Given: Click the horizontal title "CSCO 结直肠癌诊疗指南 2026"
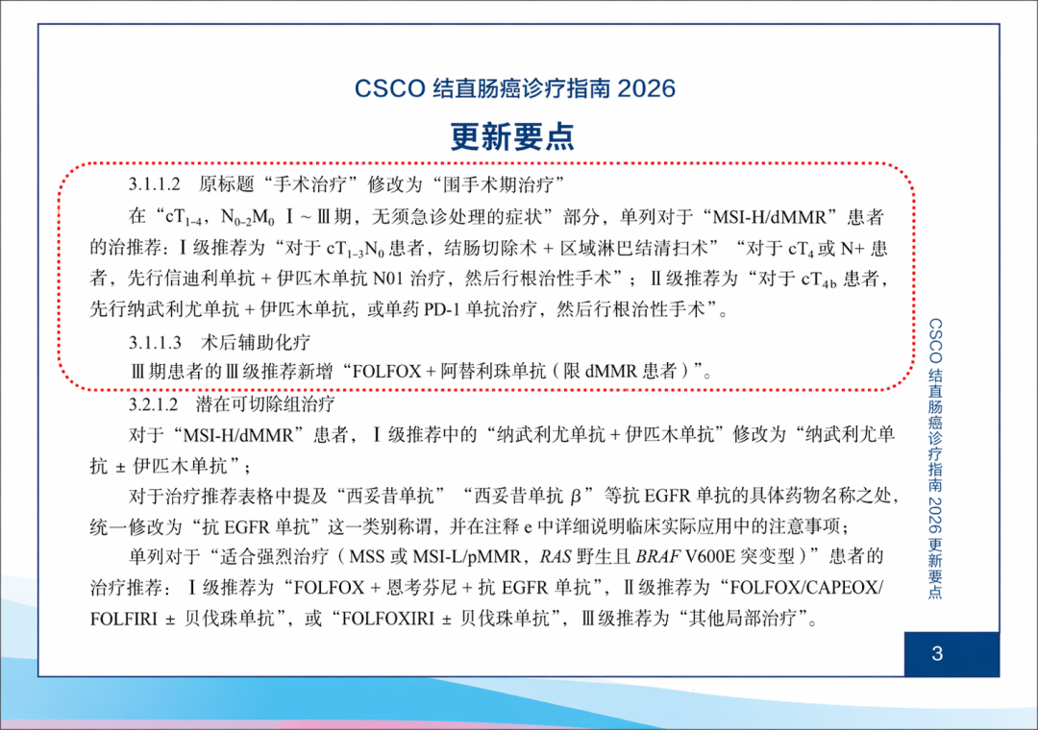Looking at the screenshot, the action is (515, 88).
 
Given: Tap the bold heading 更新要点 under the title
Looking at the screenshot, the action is (512, 137).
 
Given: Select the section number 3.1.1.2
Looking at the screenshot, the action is (154, 184).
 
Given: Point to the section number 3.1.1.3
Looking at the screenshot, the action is (154, 342).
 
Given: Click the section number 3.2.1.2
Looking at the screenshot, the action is (154, 403).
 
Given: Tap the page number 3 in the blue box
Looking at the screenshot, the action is (937, 654).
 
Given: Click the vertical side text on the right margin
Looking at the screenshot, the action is (935, 458).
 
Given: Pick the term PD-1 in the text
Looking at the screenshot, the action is (442, 309).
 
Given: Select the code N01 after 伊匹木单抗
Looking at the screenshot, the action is (387, 278).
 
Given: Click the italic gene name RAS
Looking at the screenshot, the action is (555, 556).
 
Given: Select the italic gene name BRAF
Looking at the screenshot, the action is (658, 556).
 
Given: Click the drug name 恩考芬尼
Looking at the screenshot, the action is (422, 587).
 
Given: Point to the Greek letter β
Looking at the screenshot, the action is (575, 495).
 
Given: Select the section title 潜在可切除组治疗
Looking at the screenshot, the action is (265, 403).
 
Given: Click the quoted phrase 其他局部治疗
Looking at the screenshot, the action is (742, 619).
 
